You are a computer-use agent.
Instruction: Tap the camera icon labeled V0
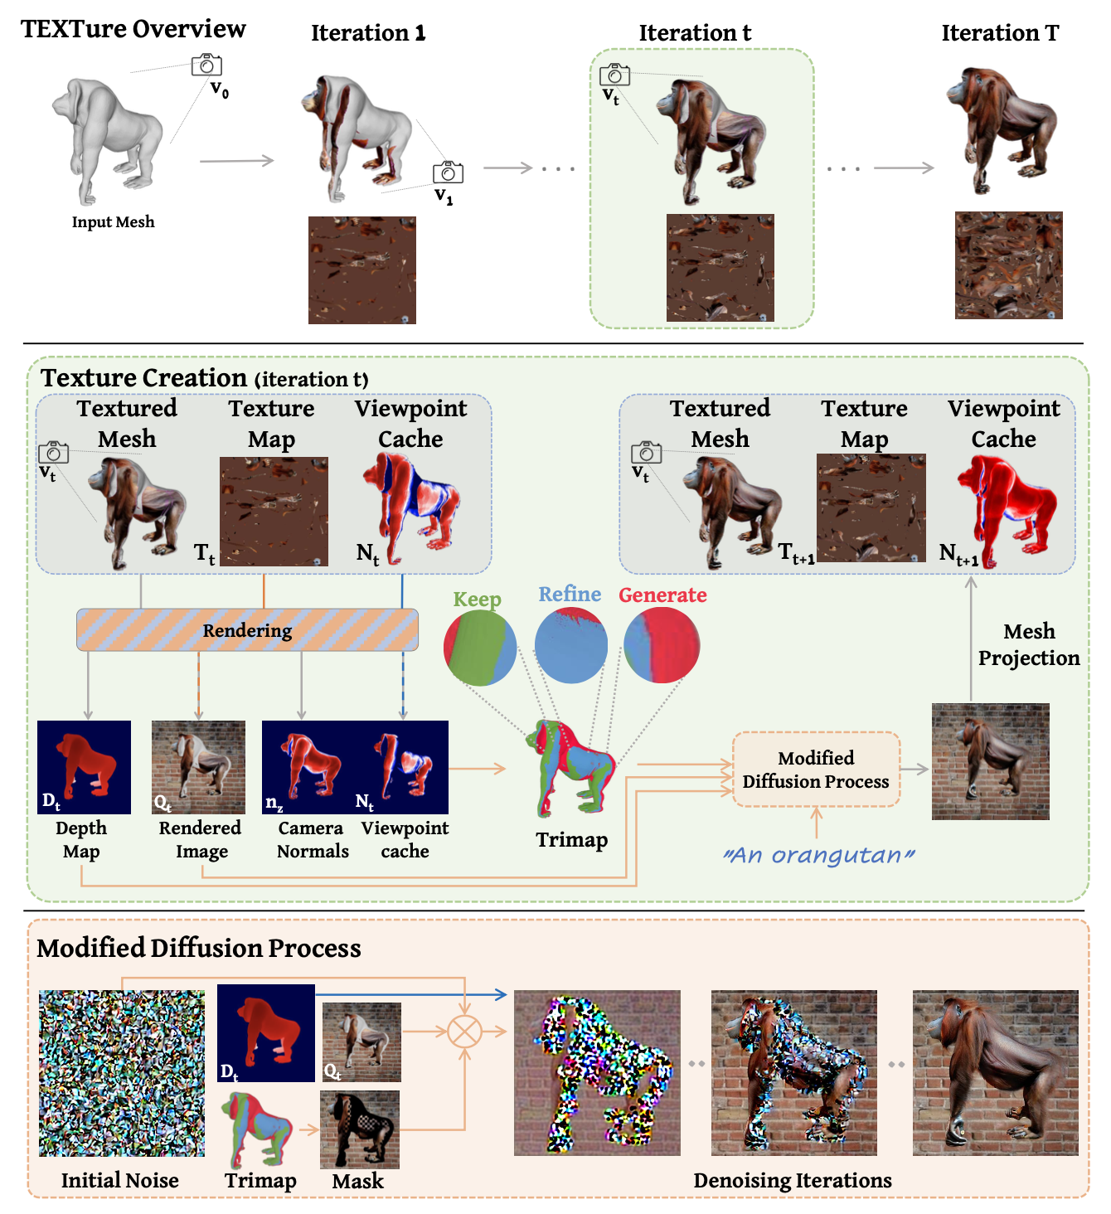[206, 65]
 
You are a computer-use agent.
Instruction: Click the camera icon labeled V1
[448, 172]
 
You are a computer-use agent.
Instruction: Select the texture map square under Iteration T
[1008, 265]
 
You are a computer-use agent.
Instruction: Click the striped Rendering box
[247, 630]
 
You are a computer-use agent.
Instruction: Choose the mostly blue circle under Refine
[571, 645]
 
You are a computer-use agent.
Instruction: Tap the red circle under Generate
[662, 645]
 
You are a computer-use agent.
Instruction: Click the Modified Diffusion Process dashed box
[816, 770]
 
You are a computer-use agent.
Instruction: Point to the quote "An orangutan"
[819, 855]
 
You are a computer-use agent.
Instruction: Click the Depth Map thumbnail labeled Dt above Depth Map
[84, 767]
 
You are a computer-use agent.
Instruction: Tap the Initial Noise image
[122, 1073]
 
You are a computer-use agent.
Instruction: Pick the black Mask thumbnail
[360, 1129]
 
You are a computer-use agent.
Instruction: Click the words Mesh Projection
[1029, 644]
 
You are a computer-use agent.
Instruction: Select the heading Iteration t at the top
[695, 33]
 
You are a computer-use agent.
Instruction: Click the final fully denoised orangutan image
[995, 1072]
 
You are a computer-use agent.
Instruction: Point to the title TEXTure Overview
[133, 29]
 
